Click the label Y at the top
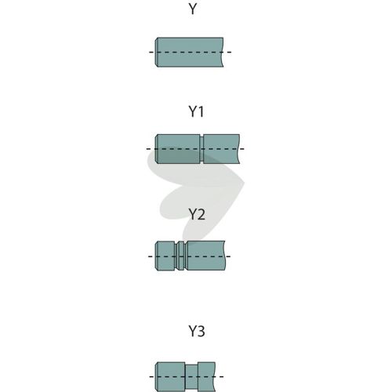click(x=193, y=9)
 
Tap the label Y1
click(x=196, y=111)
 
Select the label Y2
click(x=197, y=214)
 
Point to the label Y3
click(x=197, y=331)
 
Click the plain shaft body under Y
click(x=190, y=53)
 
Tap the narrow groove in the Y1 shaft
click(x=201, y=149)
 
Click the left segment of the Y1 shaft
click(x=178, y=149)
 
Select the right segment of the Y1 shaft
click(x=222, y=149)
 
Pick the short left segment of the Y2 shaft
click(x=165, y=256)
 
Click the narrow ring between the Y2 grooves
click(x=180, y=256)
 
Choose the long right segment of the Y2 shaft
click(x=205, y=256)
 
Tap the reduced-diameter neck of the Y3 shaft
click(x=191, y=377)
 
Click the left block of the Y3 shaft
click(x=170, y=377)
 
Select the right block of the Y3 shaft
click(x=206, y=377)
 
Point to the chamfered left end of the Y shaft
click(x=157, y=53)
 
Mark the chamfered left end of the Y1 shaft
click(x=156, y=149)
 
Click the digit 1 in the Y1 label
click(x=201, y=111)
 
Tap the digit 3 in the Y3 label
click(x=201, y=331)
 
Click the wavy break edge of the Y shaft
click(x=223, y=53)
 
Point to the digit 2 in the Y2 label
click(x=201, y=214)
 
